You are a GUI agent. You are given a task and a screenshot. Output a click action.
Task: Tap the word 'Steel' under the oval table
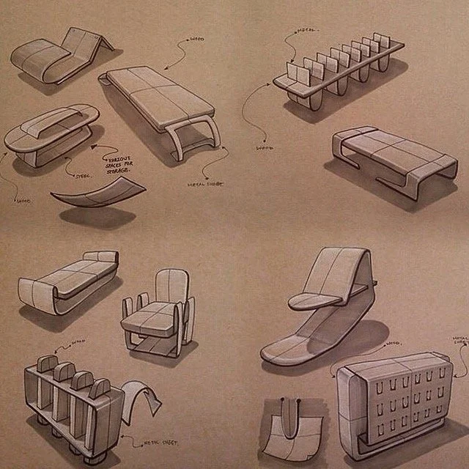pyautogui.click(x=83, y=175)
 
